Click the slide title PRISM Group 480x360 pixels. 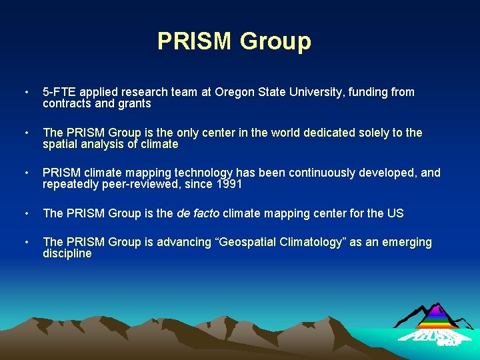(x=234, y=41)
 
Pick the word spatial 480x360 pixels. (x=61, y=145)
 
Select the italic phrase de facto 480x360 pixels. (x=198, y=213)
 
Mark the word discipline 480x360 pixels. (x=67, y=254)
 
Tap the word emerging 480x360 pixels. (x=406, y=242)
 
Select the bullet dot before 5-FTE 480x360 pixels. (x=25, y=93)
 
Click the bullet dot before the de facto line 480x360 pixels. (x=25, y=214)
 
